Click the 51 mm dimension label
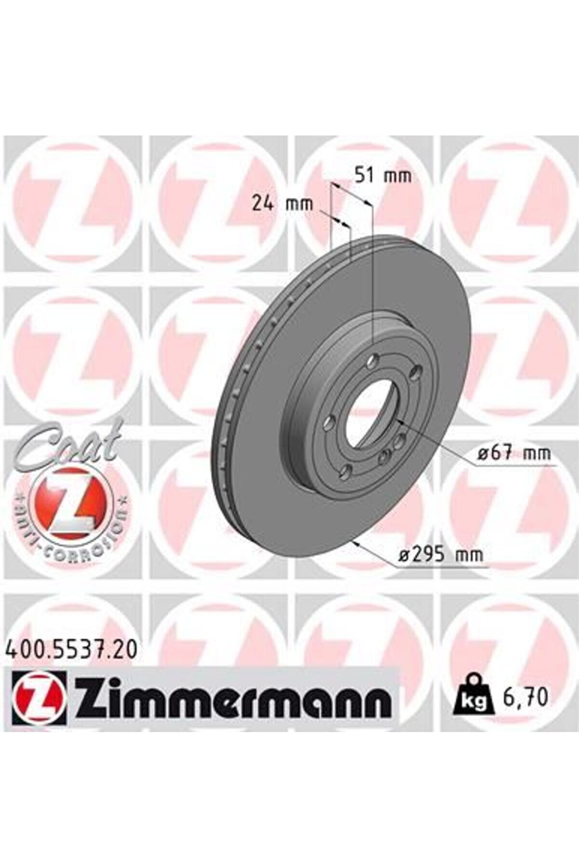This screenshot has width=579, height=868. pyautogui.click(x=383, y=175)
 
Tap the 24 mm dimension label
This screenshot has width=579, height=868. pyautogui.click(x=283, y=204)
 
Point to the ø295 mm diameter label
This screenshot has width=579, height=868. pyautogui.click(x=441, y=555)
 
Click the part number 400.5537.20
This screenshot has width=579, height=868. pyautogui.click(x=71, y=650)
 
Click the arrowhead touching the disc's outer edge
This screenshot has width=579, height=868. pyautogui.click(x=356, y=543)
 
